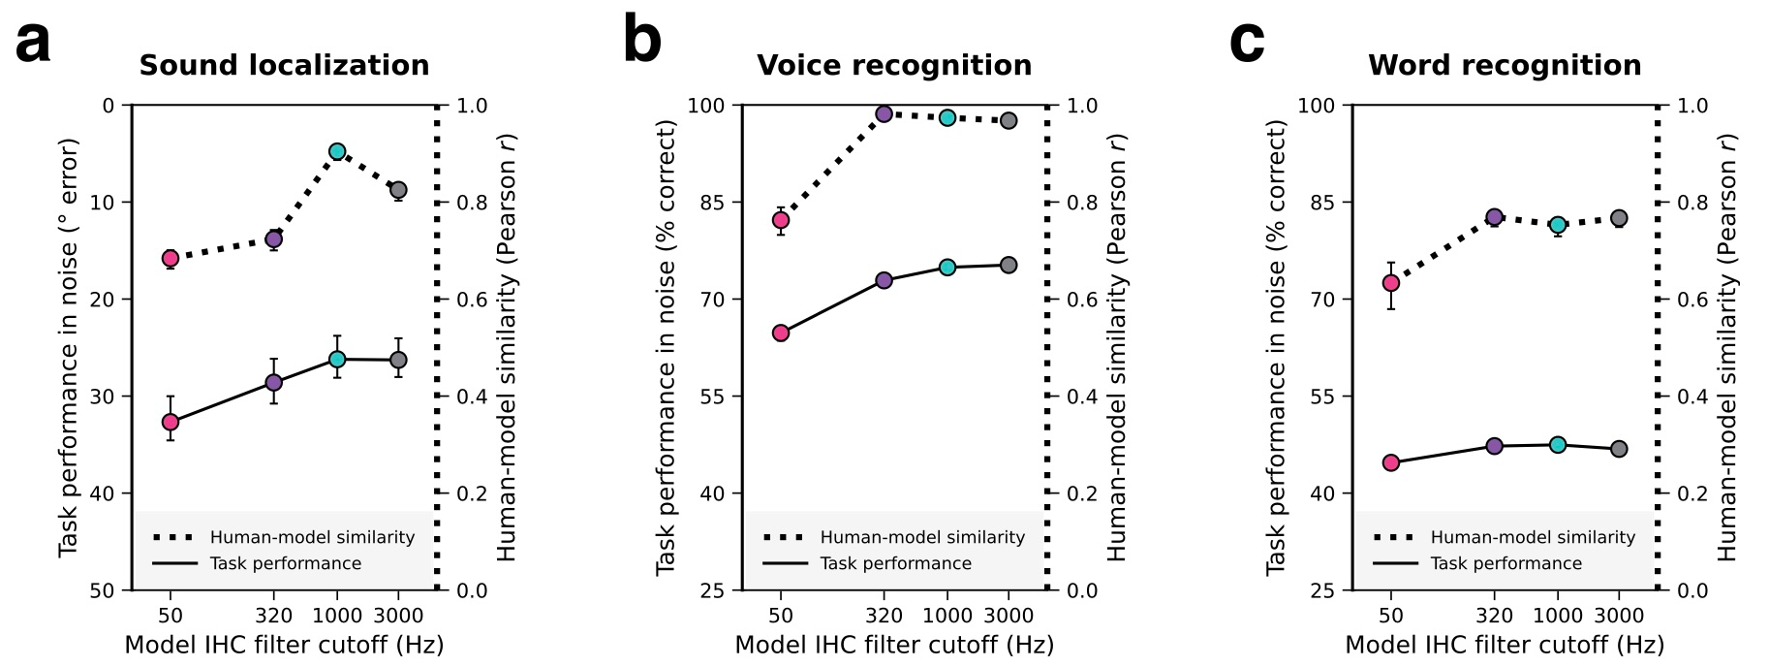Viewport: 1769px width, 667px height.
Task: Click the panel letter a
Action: (33, 44)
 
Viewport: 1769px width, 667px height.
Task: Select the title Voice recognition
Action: (893, 65)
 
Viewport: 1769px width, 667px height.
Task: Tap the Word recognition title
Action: (1504, 65)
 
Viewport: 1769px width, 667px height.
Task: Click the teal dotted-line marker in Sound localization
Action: (337, 151)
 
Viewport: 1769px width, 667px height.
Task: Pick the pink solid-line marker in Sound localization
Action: (171, 422)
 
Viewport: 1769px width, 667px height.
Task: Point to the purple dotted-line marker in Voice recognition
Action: (884, 114)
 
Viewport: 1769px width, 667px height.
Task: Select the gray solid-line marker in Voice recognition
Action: (1009, 265)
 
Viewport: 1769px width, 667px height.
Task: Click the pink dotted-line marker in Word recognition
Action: (1391, 283)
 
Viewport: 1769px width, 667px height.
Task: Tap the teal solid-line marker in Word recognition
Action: (1558, 445)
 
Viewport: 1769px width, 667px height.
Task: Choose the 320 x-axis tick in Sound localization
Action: (273, 616)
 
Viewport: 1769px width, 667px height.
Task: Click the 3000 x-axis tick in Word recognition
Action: (1619, 616)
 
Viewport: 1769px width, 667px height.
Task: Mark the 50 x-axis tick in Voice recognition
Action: (781, 616)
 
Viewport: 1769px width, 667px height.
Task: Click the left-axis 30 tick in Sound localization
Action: (103, 397)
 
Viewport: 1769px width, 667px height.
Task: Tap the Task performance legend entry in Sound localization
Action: (285, 563)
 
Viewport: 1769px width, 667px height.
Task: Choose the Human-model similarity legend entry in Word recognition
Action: (1532, 537)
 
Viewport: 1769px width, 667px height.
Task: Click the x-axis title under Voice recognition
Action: (893, 645)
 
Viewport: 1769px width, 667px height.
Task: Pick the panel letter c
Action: (1246, 44)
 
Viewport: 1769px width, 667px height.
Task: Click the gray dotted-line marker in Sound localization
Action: (398, 189)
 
